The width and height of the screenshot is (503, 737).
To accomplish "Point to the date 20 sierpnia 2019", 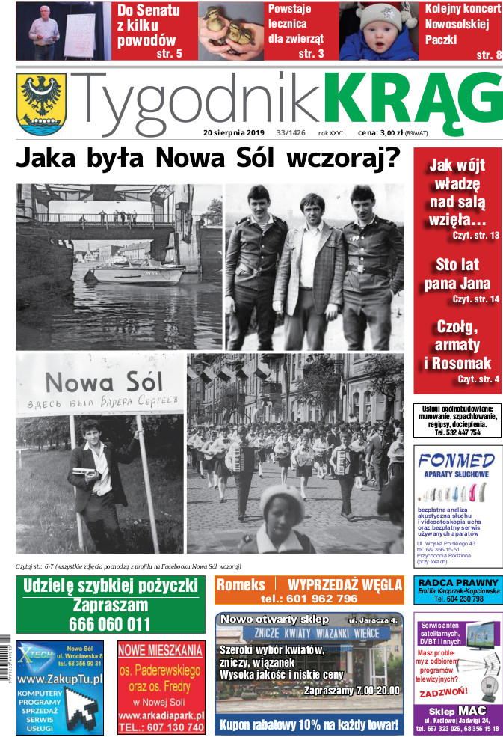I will (x=234, y=133).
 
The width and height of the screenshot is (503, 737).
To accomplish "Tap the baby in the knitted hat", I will (x=379, y=30).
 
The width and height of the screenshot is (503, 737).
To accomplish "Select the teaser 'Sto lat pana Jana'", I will (x=457, y=275).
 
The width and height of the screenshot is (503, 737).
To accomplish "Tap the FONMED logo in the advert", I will (x=456, y=459).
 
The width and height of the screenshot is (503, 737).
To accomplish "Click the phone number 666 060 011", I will (x=110, y=624).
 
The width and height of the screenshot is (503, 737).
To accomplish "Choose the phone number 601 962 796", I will (x=309, y=599).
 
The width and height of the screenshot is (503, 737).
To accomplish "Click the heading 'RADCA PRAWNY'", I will (x=457, y=584).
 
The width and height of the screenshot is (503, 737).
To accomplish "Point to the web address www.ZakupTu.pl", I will (x=60, y=679).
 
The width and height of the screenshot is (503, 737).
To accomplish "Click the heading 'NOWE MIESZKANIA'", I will (x=160, y=650).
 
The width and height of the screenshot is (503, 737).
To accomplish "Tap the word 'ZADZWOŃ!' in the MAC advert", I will (x=445, y=691).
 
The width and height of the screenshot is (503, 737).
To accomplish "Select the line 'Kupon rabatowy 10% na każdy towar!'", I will (x=309, y=724).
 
